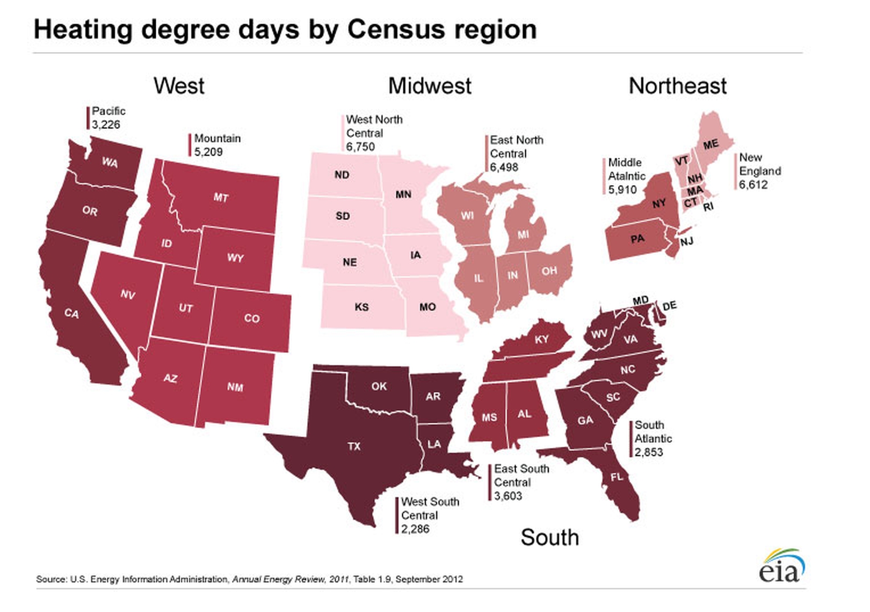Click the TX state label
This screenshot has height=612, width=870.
354,446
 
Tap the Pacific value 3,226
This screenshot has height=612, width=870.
106,125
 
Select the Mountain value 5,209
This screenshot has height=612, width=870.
208,152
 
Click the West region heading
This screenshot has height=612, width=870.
179,86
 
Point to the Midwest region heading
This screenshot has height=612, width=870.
430,86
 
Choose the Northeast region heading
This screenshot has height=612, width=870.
678,86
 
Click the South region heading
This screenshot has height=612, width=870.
549,537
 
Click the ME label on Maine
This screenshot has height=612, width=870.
711,144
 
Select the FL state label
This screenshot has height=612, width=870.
617,476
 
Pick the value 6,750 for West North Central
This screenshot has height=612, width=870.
360,147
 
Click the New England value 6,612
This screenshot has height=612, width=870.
753,185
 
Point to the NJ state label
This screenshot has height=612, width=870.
686,242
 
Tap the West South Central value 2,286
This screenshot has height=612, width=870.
415,529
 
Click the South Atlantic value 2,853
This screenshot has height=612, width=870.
649,453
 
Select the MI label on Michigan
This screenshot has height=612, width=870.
523,235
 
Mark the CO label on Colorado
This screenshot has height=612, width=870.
252,319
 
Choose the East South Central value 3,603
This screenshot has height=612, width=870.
508,496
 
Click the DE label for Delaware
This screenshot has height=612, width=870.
669,306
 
